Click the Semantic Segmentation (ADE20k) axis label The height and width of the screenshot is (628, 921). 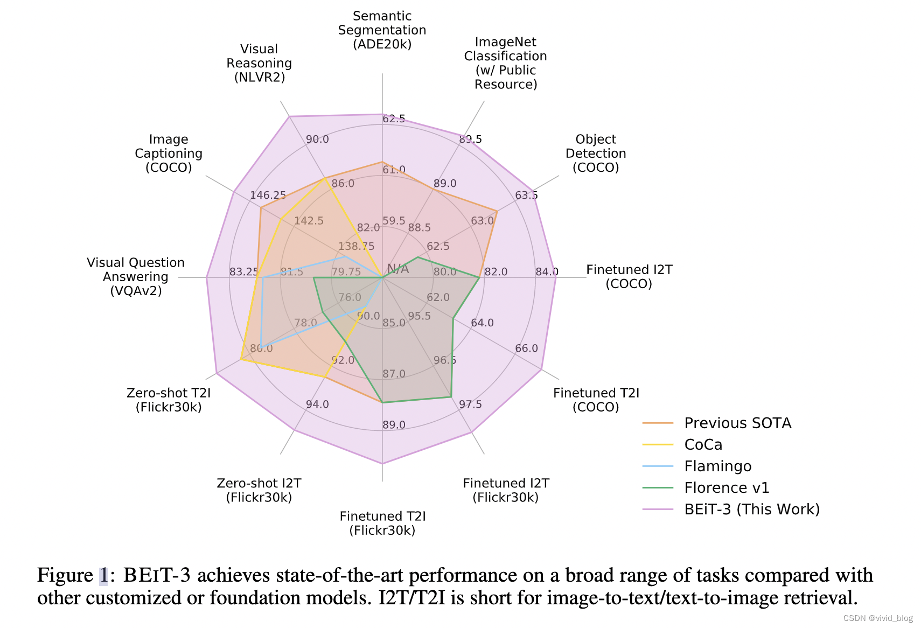coord(382,30)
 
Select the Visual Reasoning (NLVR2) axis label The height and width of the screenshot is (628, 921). coord(259,63)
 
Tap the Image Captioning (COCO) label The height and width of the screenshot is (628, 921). coord(169,153)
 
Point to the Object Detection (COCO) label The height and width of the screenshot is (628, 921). coord(596,153)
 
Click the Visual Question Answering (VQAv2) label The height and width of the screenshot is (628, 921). coord(136,277)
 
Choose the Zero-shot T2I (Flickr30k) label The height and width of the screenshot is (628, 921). coord(169,400)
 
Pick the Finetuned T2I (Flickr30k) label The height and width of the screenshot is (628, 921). coord(382,523)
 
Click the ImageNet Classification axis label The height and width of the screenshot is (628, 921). coord(505,63)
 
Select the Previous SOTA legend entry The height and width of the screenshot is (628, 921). coord(737,423)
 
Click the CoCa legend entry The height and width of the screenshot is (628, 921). coord(703,445)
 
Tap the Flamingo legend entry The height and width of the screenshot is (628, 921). coord(717,466)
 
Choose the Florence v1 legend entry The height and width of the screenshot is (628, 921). coord(727,488)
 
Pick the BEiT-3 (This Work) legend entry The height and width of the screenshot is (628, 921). coord(752,510)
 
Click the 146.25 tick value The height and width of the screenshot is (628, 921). coord(268,195)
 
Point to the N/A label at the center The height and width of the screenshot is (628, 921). coord(398,269)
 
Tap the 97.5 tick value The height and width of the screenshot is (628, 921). coord(470,404)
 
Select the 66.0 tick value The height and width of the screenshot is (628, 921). coord(526,348)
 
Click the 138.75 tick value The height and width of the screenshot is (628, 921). coord(356,247)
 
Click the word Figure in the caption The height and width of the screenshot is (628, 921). coord(65,576)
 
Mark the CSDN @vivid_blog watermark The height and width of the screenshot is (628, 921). coord(878,618)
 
